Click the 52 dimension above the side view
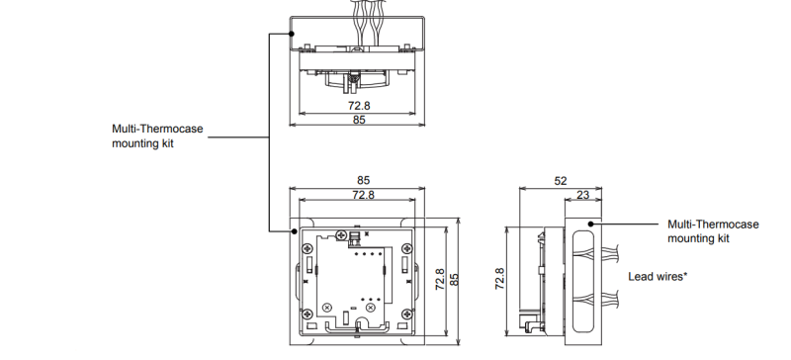point(561,181)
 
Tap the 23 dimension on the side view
point(583,196)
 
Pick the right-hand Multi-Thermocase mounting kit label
point(713,232)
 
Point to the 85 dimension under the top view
point(359,120)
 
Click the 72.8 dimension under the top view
point(359,103)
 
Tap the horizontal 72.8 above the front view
point(364,196)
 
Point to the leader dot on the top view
point(293,33)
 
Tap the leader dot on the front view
point(293,230)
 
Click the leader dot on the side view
point(595,224)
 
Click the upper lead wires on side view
point(605,249)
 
